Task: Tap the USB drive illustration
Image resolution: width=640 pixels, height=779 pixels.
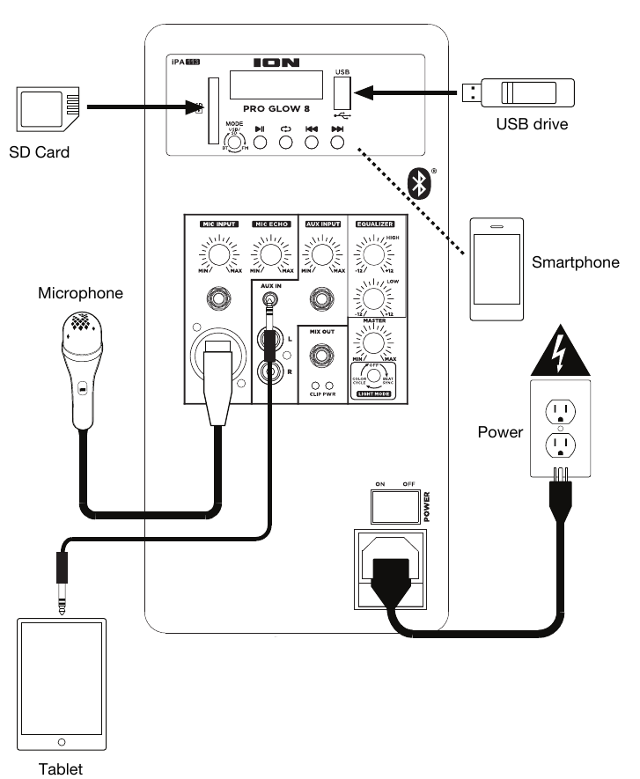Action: tap(519, 92)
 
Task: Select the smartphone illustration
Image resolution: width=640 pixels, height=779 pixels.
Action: tap(497, 269)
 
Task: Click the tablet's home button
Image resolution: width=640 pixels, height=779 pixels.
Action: tap(61, 741)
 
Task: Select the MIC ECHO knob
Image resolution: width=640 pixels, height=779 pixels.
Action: tap(270, 257)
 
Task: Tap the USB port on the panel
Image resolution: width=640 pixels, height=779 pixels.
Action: tap(342, 92)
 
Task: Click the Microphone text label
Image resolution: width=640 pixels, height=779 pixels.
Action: tap(80, 292)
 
